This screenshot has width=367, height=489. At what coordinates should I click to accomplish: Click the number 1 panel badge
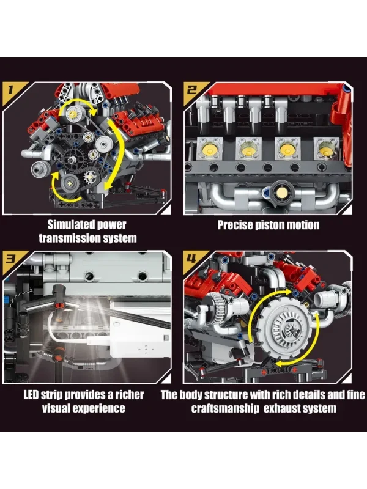(11, 90)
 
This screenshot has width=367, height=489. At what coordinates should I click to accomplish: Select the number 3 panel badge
(11, 259)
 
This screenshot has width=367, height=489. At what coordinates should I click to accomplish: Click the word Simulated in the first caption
(71, 224)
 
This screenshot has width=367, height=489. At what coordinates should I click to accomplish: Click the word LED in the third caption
(31, 395)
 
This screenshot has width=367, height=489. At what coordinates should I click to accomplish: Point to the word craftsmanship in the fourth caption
(225, 408)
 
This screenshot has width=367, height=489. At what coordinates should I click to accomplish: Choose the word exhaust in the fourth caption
(282, 408)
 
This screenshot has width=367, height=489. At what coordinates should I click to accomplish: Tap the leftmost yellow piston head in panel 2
(209, 149)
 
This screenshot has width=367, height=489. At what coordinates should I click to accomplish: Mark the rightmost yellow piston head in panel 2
(325, 149)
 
